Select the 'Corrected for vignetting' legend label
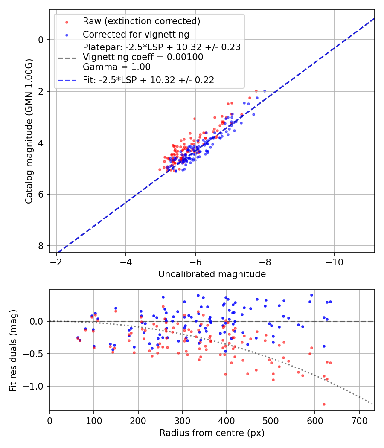[x=136, y=34]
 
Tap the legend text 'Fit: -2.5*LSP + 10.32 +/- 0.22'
[x=148, y=80]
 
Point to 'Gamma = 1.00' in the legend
[x=116, y=67]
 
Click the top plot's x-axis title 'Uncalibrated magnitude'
[x=212, y=274]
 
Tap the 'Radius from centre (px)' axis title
[x=212, y=433]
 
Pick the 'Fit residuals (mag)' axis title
[x=13, y=350]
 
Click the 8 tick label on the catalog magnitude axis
[x=41, y=246]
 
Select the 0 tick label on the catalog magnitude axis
[x=41, y=40]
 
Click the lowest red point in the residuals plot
[x=324, y=404]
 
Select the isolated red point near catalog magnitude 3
[x=195, y=119]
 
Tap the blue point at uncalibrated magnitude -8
[x=265, y=91]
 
